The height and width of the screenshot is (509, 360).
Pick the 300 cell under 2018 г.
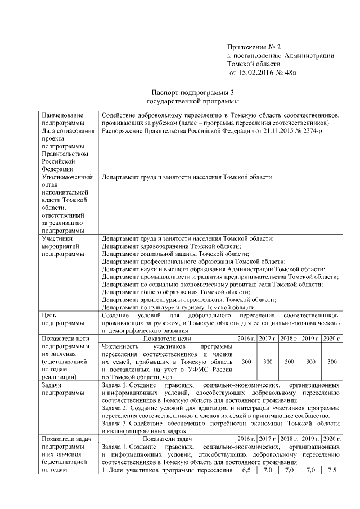[289, 362]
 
